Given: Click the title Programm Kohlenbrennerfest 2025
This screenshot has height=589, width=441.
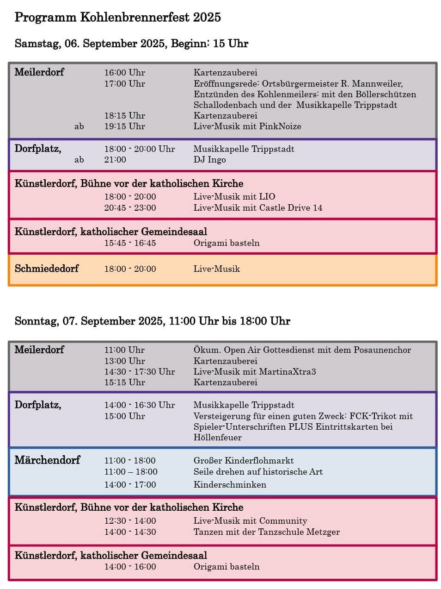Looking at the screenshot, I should (x=117, y=18).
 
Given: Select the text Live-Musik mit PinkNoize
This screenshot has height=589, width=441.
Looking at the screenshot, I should (x=247, y=126).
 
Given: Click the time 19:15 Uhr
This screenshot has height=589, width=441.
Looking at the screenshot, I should (x=124, y=126).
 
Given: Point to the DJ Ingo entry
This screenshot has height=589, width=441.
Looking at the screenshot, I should (x=209, y=160).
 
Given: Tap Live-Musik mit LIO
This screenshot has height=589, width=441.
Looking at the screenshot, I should (x=234, y=197).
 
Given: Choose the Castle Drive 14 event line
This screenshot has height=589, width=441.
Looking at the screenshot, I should (x=257, y=208).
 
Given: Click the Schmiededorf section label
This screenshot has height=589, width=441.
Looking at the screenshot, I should (x=47, y=269).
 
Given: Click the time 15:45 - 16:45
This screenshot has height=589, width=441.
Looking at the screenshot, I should (x=130, y=243).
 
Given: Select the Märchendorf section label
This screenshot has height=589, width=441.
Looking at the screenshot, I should (x=47, y=460).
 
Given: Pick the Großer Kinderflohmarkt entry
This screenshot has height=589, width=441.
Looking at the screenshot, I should (x=243, y=461).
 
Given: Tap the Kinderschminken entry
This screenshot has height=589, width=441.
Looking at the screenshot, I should (x=230, y=485).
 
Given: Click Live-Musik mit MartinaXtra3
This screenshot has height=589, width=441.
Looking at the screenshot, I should (x=254, y=372).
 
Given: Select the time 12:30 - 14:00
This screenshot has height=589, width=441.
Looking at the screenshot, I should (x=130, y=521).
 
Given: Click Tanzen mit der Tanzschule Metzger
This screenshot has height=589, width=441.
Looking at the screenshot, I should (x=266, y=532).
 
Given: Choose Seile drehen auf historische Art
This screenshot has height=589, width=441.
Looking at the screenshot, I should (x=258, y=472).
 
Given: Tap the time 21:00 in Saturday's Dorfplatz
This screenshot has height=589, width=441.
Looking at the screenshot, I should (x=115, y=160).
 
